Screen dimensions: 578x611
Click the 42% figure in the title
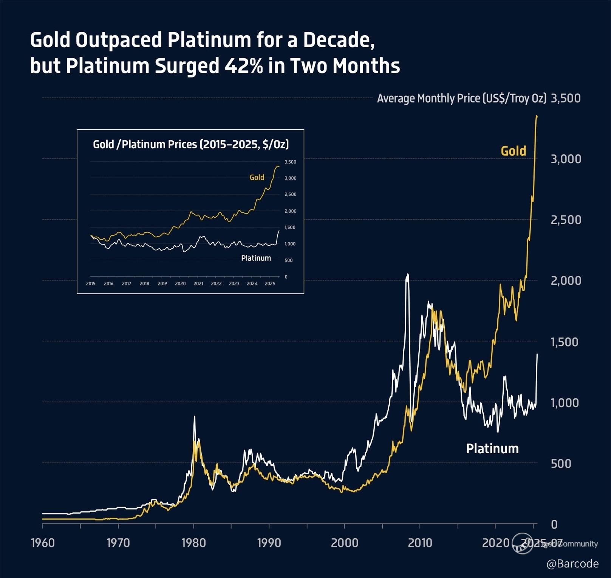pyautogui.click(x=244, y=66)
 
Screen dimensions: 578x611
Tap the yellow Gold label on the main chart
pyautogui.click(x=513, y=151)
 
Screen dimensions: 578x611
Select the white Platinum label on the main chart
pyautogui.click(x=492, y=449)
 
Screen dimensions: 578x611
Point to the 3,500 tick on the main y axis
pyautogui.click(x=565, y=98)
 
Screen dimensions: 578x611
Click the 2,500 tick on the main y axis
pyautogui.click(x=565, y=220)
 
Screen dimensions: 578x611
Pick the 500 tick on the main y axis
pyautogui.click(x=561, y=464)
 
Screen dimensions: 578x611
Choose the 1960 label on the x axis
pyautogui.click(x=43, y=543)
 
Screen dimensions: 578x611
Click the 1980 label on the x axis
pyautogui.click(x=193, y=543)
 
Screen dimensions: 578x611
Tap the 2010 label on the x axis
pyautogui.click(x=420, y=543)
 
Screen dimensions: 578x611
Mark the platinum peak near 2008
pyautogui.click(x=407, y=275)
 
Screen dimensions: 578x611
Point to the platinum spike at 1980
pyautogui.click(x=195, y=417)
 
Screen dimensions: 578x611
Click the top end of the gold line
pyautogui.click(x=537, y=116)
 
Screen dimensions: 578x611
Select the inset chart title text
pyautogui.click(x=191, y=144)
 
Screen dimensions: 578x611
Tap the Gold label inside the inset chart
pyautogui.click(x=257, y=177)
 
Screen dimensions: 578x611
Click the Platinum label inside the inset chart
pyautogui.click(x=256, y=258)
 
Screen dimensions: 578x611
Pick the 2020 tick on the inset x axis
pyautogui.click(x=180, y=284)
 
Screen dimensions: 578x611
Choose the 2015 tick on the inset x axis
pyautogui.click(x=91, y=284)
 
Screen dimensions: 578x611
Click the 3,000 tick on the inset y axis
pyautogui.click(x=290, y=178)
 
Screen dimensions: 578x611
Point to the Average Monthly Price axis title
pyautogui.click(x=461, y=98)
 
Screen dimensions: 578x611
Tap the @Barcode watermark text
pyautogui.click(x=572, y=564)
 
